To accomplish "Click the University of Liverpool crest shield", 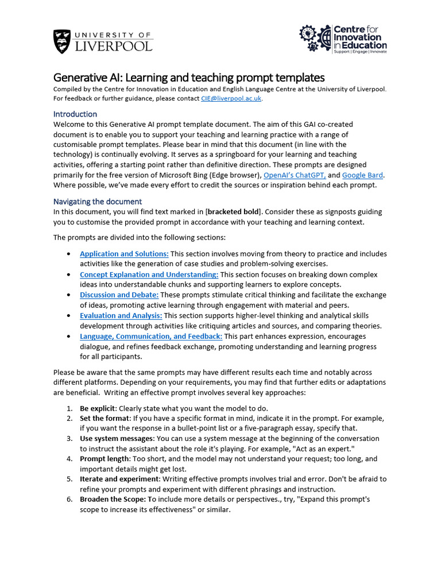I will [x=63, y=41].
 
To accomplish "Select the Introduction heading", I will [x=75, y=114].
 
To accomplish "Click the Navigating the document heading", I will [x=97, y=202].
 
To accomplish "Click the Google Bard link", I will [x=362, y=175].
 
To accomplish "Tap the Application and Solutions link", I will [x=124, y=254].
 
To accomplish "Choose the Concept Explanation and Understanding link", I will [x=149, y=274].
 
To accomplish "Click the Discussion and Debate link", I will [x=119, y=295].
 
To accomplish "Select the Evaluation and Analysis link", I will [x=121, y=316].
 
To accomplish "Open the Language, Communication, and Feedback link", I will [x=150, y=336].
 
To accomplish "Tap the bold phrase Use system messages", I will [x=117, y=439].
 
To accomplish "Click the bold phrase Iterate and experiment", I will [x=119, y=479].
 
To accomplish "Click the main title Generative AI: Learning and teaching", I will [x=189, y=78].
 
